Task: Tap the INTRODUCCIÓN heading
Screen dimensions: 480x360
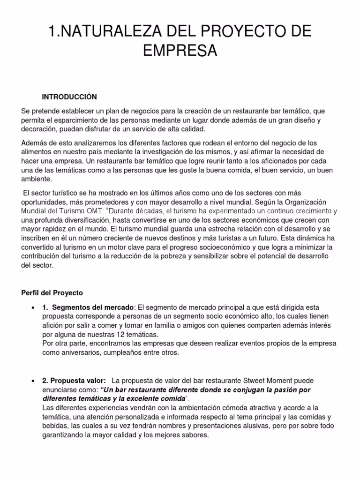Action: point(69,97)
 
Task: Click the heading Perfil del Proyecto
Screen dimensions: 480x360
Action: point(52,293)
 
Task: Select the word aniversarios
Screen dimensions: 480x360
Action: point(73,352)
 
